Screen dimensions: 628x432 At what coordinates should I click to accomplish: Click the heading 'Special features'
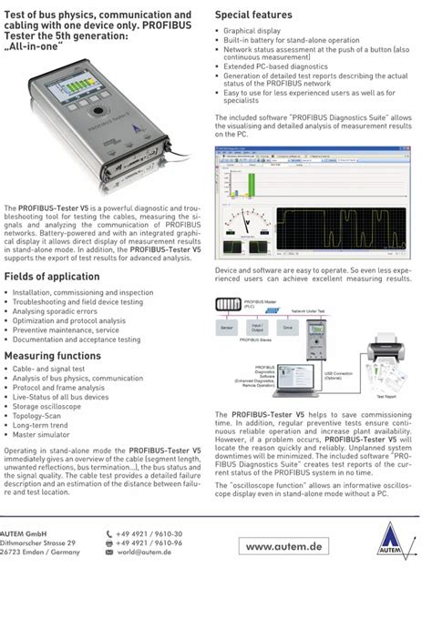pyautogui.click(x=253, y=15)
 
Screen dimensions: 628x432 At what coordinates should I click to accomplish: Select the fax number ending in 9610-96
pyautogui.click(x=150, y=542)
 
